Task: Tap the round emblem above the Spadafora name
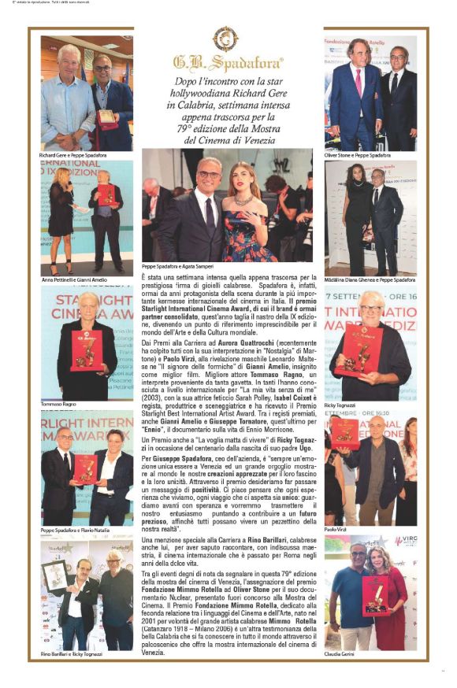coord(226,38)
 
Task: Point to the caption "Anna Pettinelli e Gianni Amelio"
coord(74,280)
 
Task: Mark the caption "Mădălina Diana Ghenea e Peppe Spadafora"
coord(370,280)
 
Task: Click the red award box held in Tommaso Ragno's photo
coord(87,350)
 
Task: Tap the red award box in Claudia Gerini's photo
coord(374,597)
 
